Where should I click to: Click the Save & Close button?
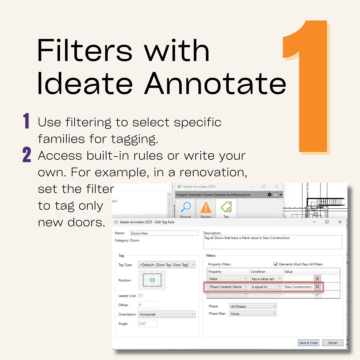pos(308,343)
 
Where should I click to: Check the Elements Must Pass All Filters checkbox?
pos(276,264)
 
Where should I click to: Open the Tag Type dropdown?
pos(167,265)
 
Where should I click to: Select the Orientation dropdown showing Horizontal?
pos(167,314)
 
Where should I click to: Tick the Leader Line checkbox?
pos(140,295)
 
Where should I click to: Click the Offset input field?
pos(148,305)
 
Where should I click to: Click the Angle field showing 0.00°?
pos(148,323)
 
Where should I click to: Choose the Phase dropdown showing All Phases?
pos(253,306)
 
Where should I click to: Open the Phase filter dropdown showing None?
pos(253,314)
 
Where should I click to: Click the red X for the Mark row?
pos(317,279)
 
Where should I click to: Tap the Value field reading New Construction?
pos(298,287)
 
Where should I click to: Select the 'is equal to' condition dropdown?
pos(266,287)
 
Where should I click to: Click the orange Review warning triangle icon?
pos(206,208)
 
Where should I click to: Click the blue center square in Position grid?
pos(152,280)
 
